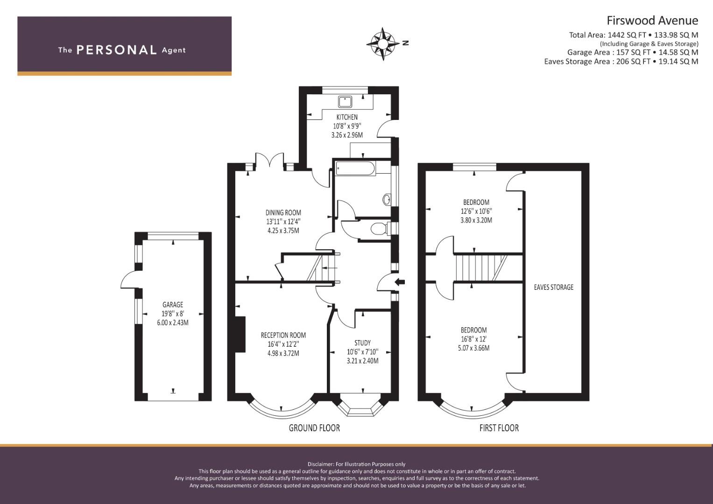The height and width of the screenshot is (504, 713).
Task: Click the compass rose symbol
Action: pos(383,44)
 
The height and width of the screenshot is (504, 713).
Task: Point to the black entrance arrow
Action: pos(400,281)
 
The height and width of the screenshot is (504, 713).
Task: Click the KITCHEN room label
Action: pos(347,117)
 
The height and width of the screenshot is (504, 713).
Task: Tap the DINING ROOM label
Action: pos(283,212)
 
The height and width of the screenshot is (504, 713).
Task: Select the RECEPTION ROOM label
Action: pos(283,335)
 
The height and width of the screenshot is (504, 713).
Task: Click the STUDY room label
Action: pos(362,343)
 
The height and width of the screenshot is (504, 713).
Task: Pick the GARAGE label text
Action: pos(173,304)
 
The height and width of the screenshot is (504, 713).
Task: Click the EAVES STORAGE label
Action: pos(553,287)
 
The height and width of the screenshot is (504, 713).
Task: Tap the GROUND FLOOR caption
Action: pos(314,428)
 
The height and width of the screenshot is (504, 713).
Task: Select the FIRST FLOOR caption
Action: pos(499,428)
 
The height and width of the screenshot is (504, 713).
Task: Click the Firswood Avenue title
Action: pos(652,21)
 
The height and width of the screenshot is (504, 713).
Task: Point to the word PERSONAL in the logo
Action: pos(117,50)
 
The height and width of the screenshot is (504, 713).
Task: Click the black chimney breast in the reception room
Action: pos(240,334)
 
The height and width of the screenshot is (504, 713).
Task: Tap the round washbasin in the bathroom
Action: pos(387,200)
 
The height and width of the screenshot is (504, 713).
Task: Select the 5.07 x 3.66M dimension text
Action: pos(473,348)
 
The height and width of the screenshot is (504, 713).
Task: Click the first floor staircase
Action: pos(481,267)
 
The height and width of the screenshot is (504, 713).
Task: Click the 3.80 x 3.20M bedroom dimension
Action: pos(476,220)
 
